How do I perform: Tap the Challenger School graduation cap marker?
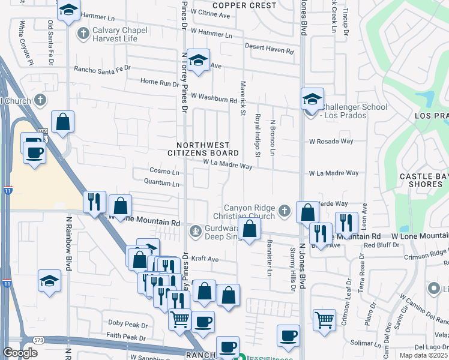coord(312,100)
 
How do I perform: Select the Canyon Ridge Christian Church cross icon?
coord(285,211)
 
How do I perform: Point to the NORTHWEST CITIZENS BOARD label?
coord(208,149)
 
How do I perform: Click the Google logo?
coord(20,353)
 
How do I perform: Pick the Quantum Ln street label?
coord(161,184)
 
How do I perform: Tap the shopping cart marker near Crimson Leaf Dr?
coord(324,320)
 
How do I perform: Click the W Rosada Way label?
coord(331,142)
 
